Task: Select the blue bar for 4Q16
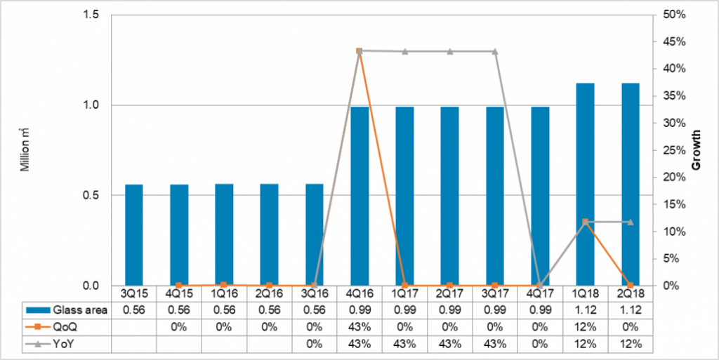tap(359, 196)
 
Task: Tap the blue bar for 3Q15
tap(134, 235)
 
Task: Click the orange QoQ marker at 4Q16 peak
tap(359, 51)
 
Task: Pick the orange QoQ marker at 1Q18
tap(585, 222)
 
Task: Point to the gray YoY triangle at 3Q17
tap(495, 51)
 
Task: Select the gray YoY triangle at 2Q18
tap(630, 222)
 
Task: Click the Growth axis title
tap(697, 149)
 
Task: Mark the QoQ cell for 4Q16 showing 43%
tap(359, 327)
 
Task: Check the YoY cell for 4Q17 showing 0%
tap(540, 343)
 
